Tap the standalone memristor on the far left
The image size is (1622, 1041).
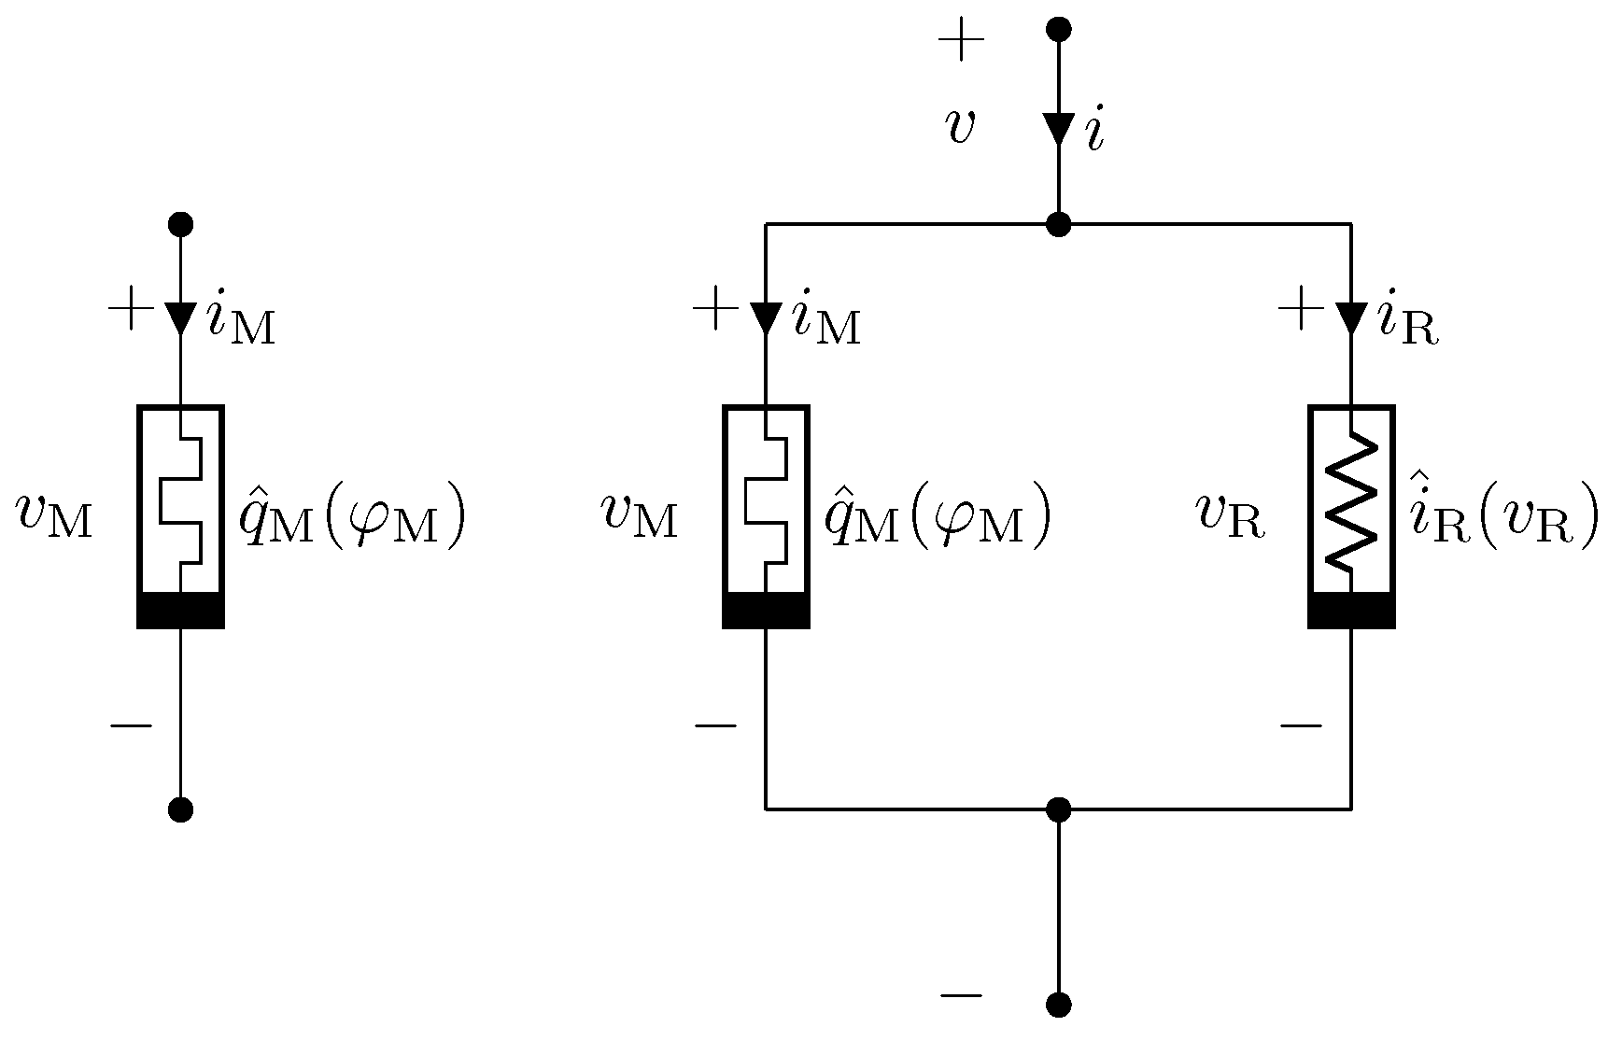[180, 515]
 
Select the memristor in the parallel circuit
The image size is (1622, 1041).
[766, 515]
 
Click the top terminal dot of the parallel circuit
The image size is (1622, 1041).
[1058, 29]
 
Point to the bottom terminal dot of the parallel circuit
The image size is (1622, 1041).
[1058, 1006]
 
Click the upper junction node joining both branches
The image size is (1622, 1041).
[1058, 224]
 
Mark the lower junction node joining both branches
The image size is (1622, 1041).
[1058, 809]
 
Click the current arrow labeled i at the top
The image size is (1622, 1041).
[1058, 129]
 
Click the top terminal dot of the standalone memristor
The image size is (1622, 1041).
[180, 224]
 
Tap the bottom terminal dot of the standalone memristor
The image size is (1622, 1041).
[180, 809]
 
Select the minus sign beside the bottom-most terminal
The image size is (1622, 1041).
[961, 995]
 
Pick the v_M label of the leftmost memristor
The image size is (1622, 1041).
[54, 515]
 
